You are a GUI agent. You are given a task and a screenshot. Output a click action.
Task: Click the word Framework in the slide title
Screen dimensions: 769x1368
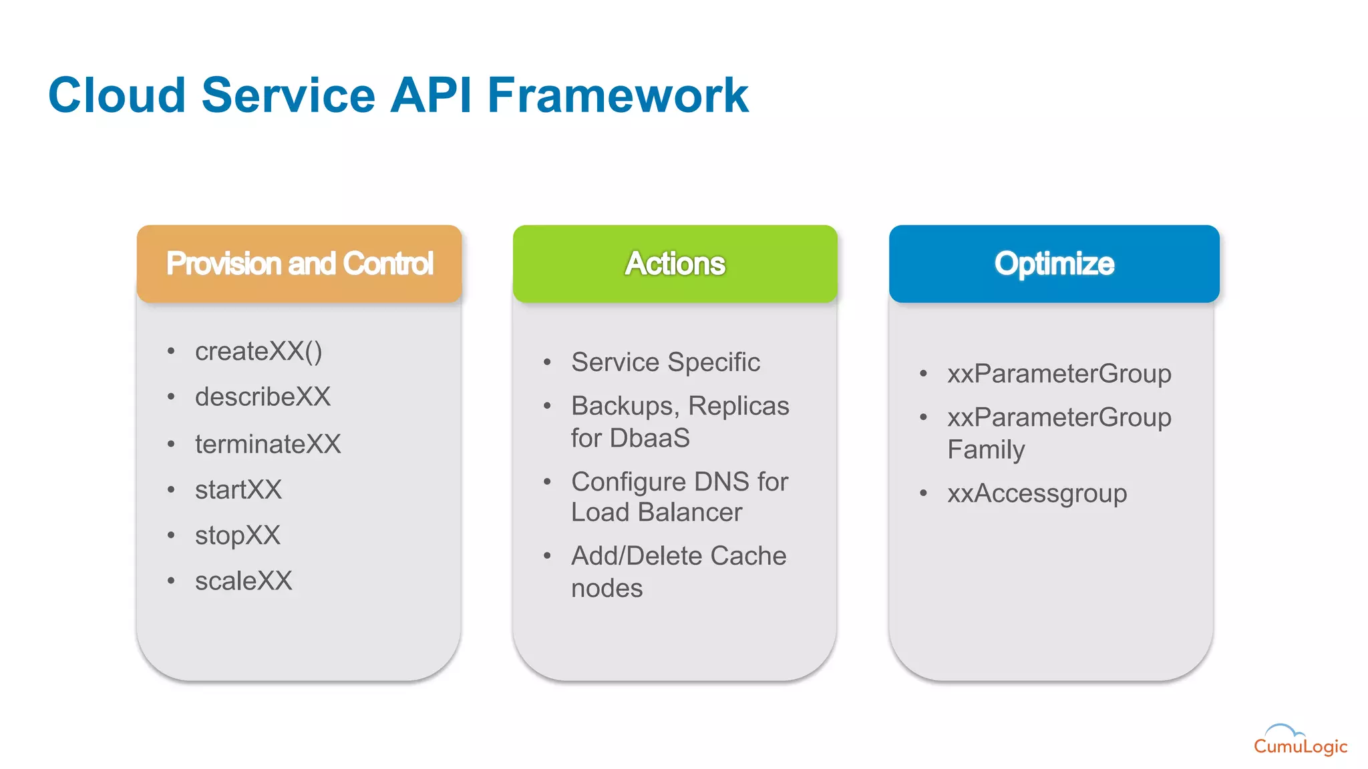(x=617, y=95)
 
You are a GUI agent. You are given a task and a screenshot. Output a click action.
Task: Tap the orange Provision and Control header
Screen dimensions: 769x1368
(x=299, y=264)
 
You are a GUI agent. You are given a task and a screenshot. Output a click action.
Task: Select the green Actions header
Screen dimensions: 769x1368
(x=675, y=264)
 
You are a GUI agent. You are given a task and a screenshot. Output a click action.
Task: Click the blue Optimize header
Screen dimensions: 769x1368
(x=1054, y=264)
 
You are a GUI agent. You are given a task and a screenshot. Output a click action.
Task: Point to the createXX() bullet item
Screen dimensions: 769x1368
(x=259, y=352)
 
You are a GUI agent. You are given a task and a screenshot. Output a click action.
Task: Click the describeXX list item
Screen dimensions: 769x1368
(x=263, y=397)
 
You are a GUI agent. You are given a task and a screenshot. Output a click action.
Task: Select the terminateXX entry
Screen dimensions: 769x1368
(x=268, y=444)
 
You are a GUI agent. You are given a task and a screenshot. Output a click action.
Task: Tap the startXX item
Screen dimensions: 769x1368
(x=238, y=490)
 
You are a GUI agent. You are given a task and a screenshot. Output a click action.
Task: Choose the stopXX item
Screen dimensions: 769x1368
(x=237, y=535)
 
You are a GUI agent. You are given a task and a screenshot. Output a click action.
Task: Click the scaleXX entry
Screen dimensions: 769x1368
(x=243, y=581)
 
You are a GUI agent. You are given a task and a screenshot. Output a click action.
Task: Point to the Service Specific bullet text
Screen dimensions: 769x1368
(x=665, y=362)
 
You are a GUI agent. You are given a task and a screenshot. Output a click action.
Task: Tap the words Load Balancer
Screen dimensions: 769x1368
(x=656, y=513)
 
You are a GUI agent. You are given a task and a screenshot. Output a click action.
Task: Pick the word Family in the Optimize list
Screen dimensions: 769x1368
(x=986, y=450)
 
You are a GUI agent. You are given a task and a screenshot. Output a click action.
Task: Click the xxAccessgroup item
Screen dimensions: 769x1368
(x=1037, y=494)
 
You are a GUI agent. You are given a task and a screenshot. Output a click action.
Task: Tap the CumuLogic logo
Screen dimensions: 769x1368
(x=1299, y=741)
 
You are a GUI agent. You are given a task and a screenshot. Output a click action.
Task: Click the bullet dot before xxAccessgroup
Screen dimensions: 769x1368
(x=923, y=494)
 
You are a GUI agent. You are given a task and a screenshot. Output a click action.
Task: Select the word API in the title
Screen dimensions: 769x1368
(x=431, y=95)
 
